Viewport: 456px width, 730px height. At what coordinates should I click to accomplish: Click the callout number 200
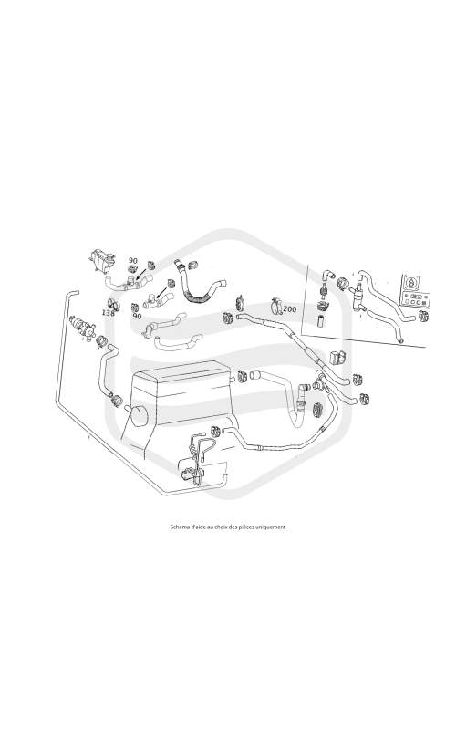[x=289, y=308]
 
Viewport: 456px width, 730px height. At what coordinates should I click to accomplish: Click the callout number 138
[x=108, y=313]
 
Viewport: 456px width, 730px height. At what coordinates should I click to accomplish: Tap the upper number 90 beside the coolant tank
[x=133, y=261]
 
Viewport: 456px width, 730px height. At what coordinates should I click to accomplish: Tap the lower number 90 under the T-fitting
[x=137, y=316]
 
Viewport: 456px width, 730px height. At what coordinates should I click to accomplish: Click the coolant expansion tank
[x=100, y=259]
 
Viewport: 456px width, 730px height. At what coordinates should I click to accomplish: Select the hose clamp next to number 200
[x=275, y=306]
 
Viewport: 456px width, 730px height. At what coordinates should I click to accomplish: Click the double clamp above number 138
[x=113, y=304]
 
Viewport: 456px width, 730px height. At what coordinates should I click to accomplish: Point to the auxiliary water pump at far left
[x=82, y=327]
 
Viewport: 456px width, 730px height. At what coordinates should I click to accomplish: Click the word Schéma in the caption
[x=179, y=527]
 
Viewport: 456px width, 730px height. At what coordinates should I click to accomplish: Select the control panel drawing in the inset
[x=414, y=291]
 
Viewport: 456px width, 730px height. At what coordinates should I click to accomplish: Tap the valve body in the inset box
[x=358, y=294]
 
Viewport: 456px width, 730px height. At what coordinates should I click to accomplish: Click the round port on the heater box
[x=140, y=415]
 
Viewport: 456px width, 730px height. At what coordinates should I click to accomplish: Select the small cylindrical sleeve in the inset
[x=321, y=321]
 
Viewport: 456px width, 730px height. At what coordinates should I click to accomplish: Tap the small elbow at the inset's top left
[x=328, y=275]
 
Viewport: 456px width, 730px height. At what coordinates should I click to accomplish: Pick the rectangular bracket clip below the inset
[x=337, y=358]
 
